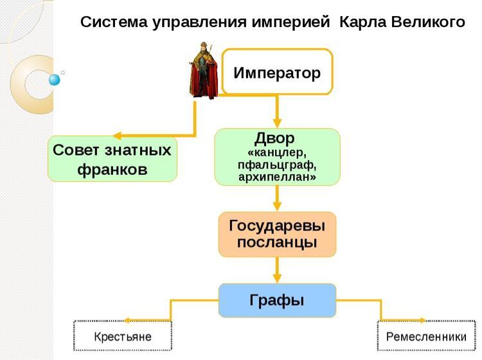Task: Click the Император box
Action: (277, 72)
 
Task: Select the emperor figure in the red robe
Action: (204, 70)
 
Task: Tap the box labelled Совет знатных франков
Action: (112, 159)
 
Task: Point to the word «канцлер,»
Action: (277, 153)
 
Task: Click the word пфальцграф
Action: (277, 165)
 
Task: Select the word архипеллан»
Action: (277, 177)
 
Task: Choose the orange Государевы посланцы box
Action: (277, 234)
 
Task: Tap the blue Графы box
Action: (277, 300)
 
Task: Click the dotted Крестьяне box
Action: (123, 336)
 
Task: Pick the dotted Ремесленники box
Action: (426, 336)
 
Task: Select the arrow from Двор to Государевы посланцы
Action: (278, 199)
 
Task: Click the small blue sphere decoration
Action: (54, 80)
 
